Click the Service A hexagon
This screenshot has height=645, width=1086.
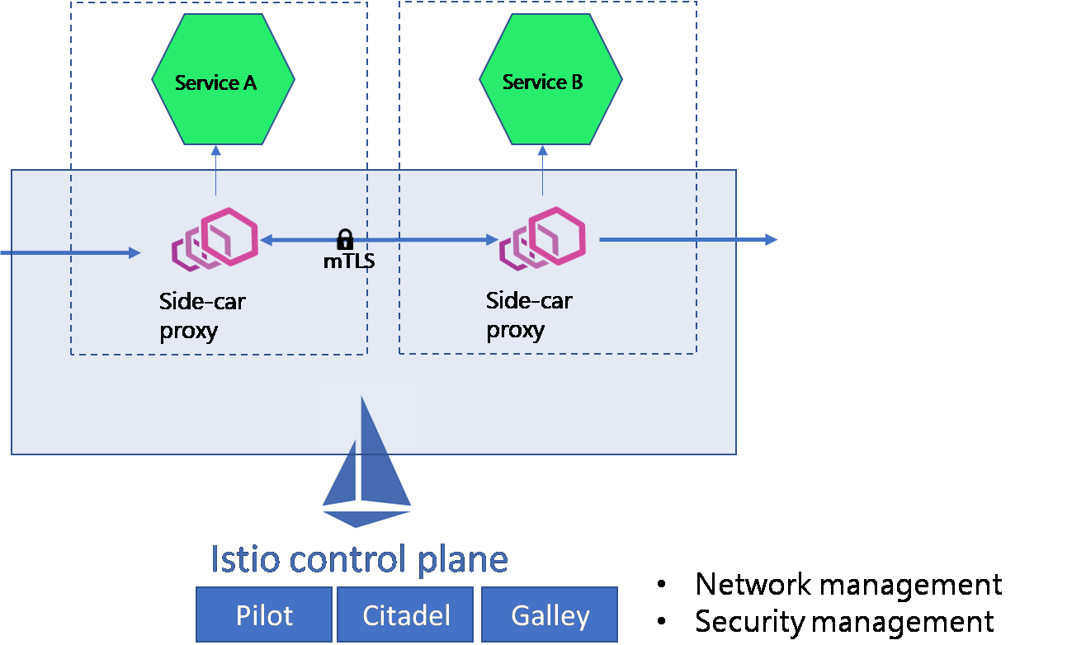click(223, 80)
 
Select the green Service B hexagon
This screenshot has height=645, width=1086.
click(550, 80)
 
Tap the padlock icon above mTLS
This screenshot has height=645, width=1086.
click(345, 239)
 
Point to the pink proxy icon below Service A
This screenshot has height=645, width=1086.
click(215, 238)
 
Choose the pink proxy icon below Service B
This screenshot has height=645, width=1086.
click(542, 238)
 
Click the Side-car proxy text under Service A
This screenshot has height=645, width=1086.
click(201, 315)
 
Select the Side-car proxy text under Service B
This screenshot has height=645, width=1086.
click(528, 314)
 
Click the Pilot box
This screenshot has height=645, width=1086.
click(264, 614)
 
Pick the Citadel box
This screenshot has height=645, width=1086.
click(406, 614)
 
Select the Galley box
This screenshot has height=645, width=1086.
click(550, 614)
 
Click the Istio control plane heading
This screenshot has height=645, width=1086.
click(359, 559)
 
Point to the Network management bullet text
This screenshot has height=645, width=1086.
click(848, 584)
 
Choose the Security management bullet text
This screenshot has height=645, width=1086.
click(844, 620)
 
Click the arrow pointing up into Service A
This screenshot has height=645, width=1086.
click(215, 169)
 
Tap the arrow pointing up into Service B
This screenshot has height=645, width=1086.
click(543, 169)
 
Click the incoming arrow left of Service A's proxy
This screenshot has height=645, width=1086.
click(70, 252)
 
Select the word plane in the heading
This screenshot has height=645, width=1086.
click(462, 559)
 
